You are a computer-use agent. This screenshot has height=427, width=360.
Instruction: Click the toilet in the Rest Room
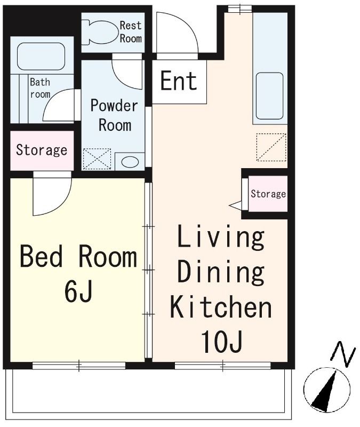100,32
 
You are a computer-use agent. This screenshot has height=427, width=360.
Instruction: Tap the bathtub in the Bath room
41,56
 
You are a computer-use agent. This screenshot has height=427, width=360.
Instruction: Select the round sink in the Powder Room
130,162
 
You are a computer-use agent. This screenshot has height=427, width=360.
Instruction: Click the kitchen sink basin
269,96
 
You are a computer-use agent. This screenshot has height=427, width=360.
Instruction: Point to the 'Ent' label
179,81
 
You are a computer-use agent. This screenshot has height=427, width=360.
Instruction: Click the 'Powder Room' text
114,115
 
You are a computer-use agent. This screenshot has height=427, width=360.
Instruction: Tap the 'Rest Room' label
131,32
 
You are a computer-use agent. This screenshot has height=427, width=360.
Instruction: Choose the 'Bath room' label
41,88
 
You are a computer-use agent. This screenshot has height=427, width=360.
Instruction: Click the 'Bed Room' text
78,256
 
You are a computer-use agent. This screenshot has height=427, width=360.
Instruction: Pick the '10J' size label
221,342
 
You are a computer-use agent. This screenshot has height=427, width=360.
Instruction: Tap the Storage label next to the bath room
42,150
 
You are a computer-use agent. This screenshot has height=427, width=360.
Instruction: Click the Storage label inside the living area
268,194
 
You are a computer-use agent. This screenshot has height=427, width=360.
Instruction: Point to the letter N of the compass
343,353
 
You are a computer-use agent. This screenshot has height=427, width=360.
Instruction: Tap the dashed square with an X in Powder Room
97,159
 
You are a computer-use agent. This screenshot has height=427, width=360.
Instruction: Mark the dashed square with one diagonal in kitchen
271,147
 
